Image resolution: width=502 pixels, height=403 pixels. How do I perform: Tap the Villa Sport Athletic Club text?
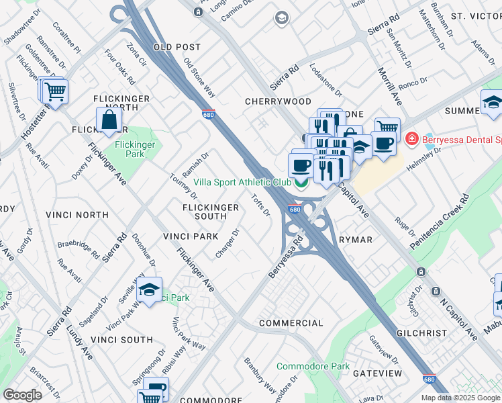pos(242,182)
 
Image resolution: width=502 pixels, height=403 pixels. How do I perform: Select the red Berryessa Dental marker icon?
pos(411,140)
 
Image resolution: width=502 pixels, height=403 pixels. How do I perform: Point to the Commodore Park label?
pos(313,367)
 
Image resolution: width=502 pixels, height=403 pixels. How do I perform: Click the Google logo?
pos(22,395)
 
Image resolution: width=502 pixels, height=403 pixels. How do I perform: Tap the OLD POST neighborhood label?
pos(177,47)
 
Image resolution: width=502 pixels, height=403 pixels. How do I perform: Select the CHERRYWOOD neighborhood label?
pos(278,101)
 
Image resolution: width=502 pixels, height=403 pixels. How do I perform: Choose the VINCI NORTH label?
pos(77,215)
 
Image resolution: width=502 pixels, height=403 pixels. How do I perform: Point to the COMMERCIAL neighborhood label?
pos(291,323)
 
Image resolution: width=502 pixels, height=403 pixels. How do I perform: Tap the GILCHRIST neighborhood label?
pos(421,333)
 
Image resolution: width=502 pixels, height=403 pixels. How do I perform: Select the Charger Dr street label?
pos(228,243)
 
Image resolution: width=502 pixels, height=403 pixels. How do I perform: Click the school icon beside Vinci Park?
pos(148,290)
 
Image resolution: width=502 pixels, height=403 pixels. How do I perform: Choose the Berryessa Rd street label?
pos(287,257)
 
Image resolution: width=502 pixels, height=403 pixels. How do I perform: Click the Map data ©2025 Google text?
pos(460,398)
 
